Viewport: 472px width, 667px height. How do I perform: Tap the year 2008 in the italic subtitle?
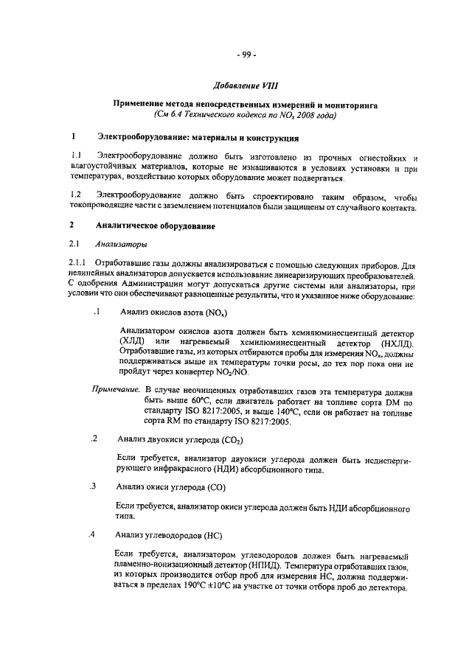305,116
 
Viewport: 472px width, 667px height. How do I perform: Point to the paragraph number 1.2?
74,194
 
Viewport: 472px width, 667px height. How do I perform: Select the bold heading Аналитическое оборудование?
156,226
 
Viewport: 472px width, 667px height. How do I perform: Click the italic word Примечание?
114,388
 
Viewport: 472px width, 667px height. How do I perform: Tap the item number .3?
93,487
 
